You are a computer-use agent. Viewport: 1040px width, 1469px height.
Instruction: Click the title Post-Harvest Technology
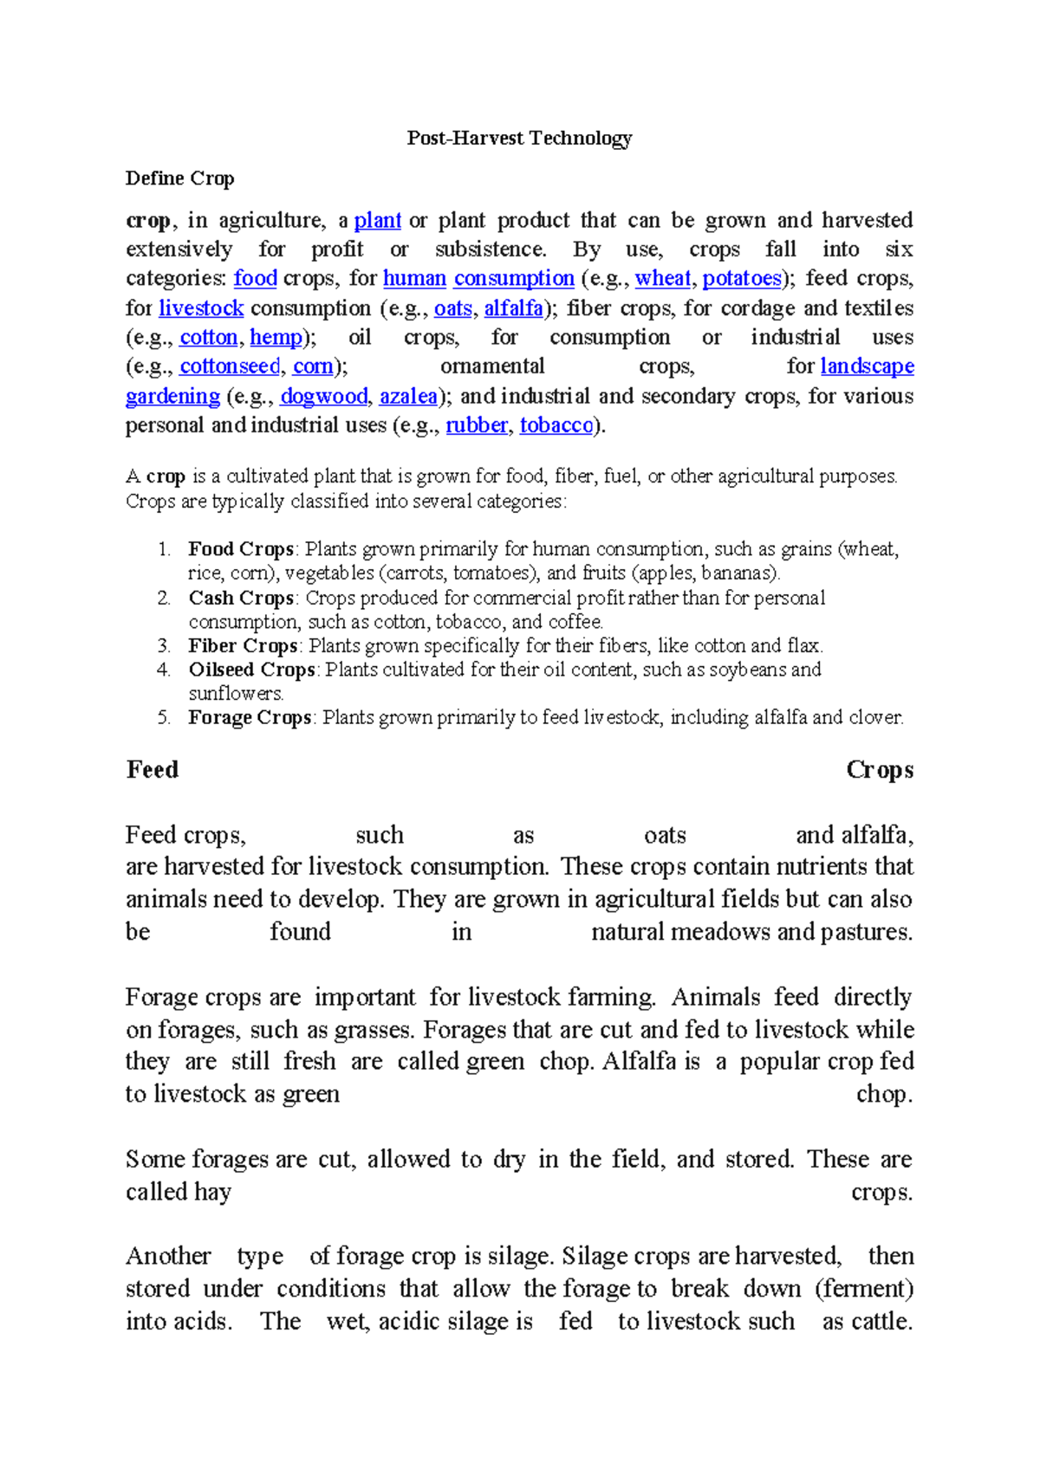(519, 138)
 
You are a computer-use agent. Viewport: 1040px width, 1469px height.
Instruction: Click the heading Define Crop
(179, 178)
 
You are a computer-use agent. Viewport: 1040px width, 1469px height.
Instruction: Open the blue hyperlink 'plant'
(377, 221)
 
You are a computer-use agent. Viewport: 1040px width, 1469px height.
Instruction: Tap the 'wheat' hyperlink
(662, 279)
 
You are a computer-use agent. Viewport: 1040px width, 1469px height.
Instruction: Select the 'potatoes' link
(742, 279)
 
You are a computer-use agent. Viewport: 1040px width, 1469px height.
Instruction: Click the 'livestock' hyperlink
(201, 308)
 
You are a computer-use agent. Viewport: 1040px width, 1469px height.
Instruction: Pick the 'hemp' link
(276, 338)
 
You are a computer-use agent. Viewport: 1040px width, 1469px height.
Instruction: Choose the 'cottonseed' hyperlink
(230, 367)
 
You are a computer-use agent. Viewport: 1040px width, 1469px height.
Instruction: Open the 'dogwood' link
(324, 397)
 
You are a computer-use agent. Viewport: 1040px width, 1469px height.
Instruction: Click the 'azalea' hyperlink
(408, 397)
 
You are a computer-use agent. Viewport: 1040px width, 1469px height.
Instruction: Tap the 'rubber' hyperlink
(476, 426)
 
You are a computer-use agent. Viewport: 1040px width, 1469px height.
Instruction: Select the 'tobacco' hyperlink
(556, 426)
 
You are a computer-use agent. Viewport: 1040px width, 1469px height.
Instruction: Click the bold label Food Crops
(241, 549)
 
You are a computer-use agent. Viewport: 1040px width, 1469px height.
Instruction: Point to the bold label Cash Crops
(241, 598)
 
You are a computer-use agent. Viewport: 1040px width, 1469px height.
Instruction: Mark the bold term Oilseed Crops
(251, 670)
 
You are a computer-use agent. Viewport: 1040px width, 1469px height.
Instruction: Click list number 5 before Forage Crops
(164, 718)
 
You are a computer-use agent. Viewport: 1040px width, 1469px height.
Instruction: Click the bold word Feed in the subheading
(153, 770)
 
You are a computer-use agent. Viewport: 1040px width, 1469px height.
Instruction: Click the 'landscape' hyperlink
(867, 367)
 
